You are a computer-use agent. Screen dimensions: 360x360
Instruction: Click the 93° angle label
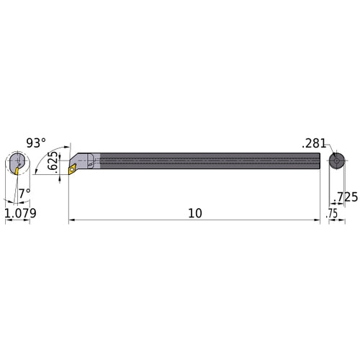click(x=36, y=143)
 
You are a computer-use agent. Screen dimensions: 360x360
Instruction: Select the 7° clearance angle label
click(x=24, y=192)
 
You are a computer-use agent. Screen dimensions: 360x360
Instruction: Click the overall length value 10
click(x=194, y=213)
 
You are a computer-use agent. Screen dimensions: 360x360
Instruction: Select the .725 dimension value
click(x=346, y=197)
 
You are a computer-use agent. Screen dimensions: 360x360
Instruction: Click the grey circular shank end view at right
click(x=336, y=161)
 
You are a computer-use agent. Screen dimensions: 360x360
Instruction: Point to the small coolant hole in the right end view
click(x=336, y=161)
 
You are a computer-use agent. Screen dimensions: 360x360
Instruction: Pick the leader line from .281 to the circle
click(x=328, y=150)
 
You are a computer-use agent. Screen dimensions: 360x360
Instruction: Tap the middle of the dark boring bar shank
click(x=205, y=161)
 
